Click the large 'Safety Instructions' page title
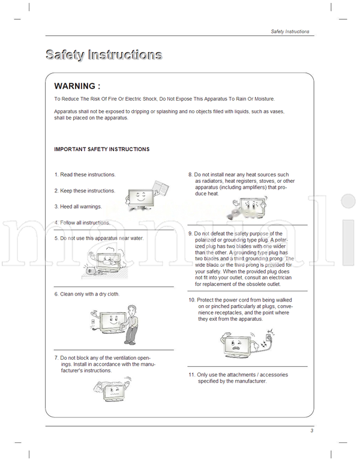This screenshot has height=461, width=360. point(103,55)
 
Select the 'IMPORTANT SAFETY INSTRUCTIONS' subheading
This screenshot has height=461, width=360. point(101,149)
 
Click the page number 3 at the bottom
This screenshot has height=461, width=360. point(311,430)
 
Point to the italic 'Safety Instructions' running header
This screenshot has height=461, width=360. point(290,31)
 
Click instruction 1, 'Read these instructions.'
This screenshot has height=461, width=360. point(85,175)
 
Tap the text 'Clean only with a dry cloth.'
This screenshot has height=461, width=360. point(89,294)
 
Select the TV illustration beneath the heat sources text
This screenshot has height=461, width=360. point(247,209)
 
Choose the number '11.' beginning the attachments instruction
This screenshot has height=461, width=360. point(192,375)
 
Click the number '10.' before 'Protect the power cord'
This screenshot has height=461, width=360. point(192,299)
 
